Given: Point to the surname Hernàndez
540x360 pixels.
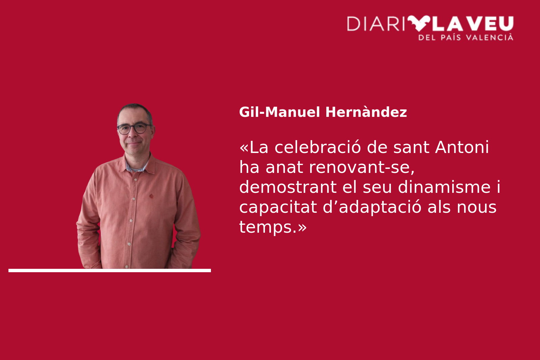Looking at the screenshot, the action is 366,112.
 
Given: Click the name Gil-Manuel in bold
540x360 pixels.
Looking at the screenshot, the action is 280,112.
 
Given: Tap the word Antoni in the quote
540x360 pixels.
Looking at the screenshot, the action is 462,147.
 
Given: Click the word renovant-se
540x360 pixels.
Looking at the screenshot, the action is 361,167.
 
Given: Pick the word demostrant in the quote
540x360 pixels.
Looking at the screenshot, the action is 288,187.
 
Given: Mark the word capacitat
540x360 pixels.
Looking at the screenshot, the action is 278,207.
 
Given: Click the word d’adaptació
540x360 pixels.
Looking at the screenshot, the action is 372,207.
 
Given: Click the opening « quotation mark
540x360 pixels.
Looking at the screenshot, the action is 244,148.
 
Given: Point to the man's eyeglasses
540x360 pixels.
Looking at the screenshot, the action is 134,128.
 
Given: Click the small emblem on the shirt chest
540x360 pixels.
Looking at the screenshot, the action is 152,196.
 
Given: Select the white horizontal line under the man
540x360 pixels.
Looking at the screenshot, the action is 110,271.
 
